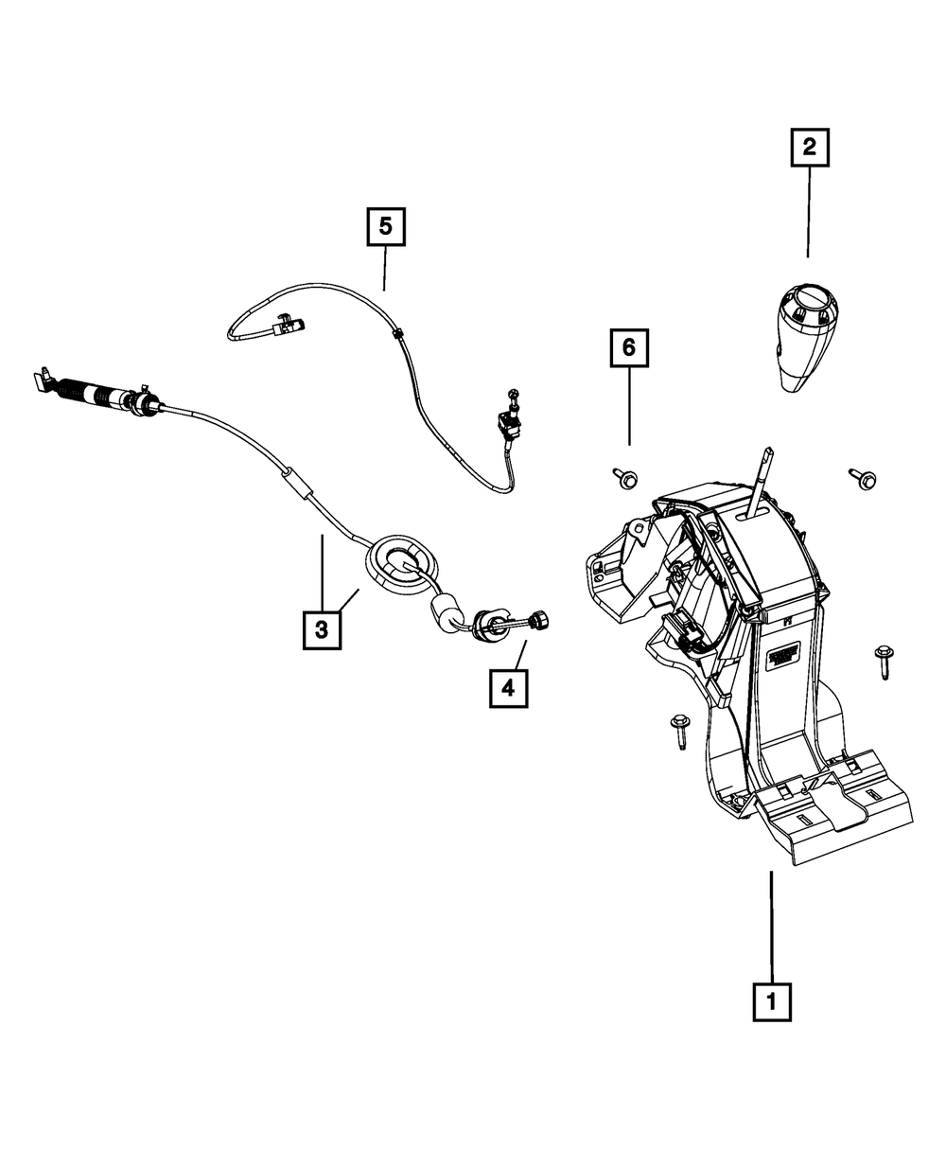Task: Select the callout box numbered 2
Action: click(809, 148)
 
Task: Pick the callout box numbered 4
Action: click(508, 688)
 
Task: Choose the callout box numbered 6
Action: click(628, 349)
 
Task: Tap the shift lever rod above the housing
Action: click(763, 478)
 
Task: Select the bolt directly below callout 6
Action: click(625, 478)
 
